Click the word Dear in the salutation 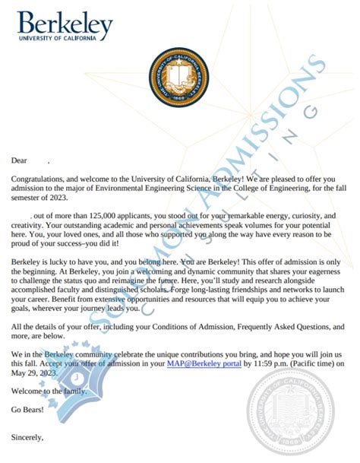pyautogui.click(x=19, y=160)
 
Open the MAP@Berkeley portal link pyautogui.click(x=204, y=365)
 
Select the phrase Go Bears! pyautogui.click(x=27, y=411)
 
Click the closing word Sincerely pyautogui.click(x=27, y=437)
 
